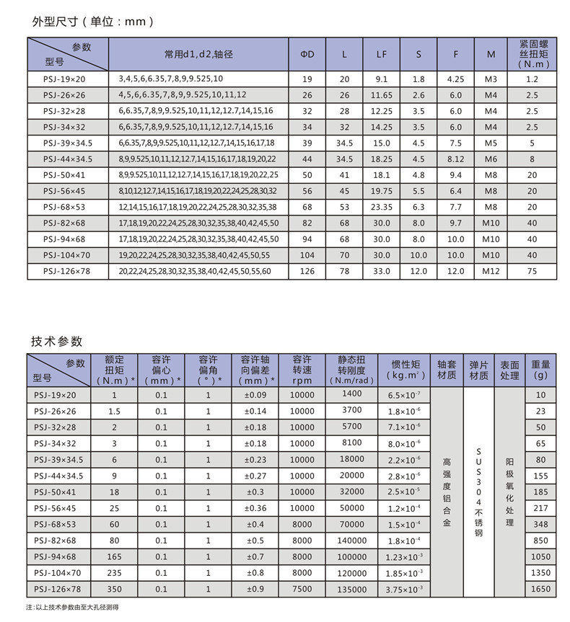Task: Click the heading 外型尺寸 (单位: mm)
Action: pos(93,22)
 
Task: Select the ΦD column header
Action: pos(307,54)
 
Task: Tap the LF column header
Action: pos(381,54)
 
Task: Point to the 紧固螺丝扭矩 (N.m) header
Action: pos(532,53)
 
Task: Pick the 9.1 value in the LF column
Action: pos(381,79)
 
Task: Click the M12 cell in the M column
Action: pos(491,271)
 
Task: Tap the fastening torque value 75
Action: pos(532,271)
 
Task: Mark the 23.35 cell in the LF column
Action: pos(381,207)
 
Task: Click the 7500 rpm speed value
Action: pos(302,589)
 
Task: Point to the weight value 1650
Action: pos(540,589)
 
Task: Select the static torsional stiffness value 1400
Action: pos(352,394)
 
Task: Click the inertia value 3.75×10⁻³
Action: pos(404,589)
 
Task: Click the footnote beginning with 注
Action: pos(72,608)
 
